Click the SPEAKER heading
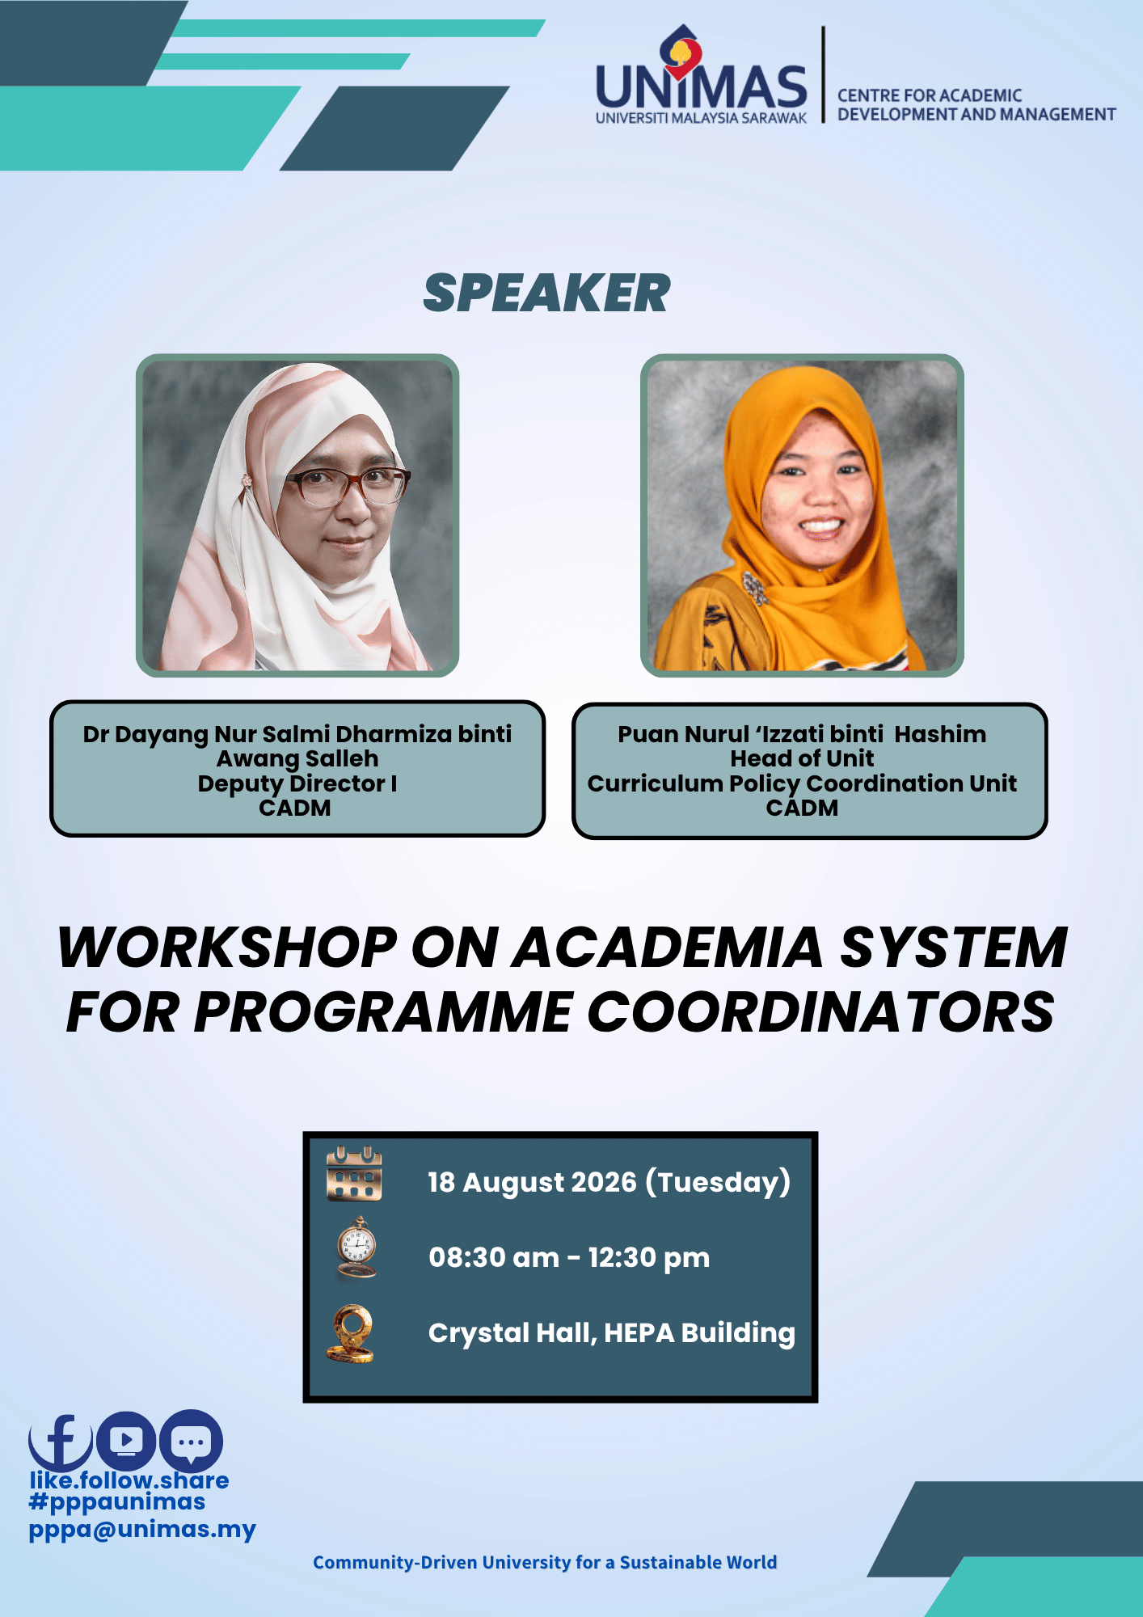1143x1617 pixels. (546, 293)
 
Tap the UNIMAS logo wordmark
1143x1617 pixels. (701, 77)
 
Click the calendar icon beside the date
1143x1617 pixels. (354, 1173)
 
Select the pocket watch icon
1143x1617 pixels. (356, 1248)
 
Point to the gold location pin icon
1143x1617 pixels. (352, 1333)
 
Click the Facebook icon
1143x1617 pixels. (61, 1442)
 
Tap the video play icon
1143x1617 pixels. (126, 1440)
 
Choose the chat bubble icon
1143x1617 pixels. (191, 1441)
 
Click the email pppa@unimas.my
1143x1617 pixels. (142, 1530)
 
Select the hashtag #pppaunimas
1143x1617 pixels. (117, 1502)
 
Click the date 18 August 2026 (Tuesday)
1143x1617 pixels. (609, 1182)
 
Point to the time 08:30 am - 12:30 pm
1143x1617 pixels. (569, 1257)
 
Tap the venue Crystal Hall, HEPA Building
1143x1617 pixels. (612, 1333)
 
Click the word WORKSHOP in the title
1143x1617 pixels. (227, 947)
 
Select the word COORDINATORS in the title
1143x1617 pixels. (820, 1011)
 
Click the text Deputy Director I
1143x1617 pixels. (297, 783)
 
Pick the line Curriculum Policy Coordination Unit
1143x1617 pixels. (802, 783)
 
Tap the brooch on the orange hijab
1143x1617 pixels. (755, 588)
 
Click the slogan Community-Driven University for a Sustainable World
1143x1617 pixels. (545, 1562)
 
